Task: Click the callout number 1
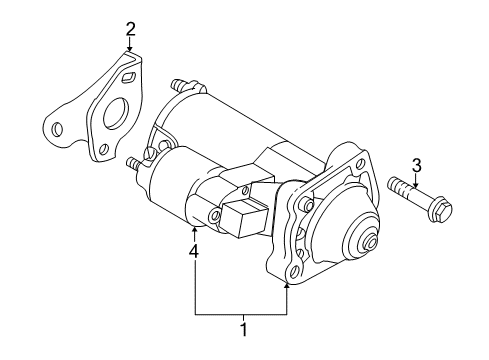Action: point(243,326)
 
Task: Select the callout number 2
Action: point(130,29)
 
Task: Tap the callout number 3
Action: point(417,164)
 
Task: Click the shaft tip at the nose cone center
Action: point(372,242)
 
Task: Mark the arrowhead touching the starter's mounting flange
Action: point(288,283)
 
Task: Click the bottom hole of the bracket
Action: point(101,149)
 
